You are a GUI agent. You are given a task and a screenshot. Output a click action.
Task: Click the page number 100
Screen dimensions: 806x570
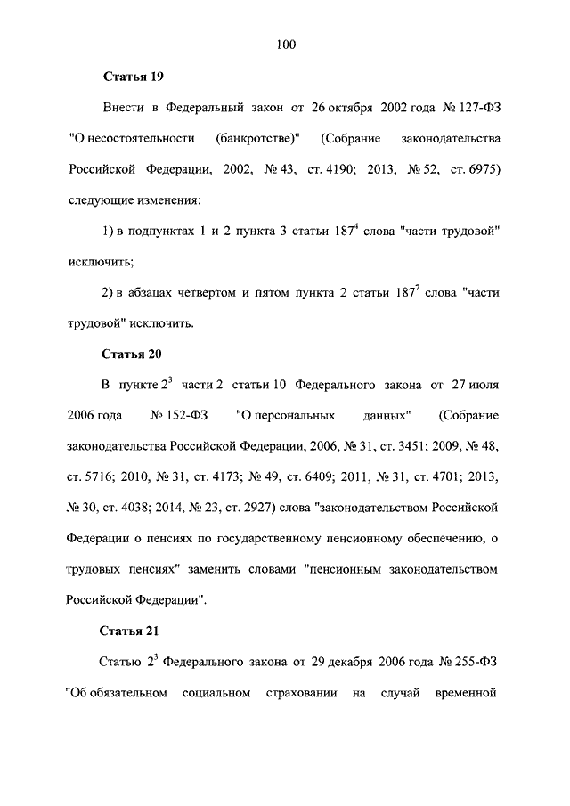pyautogui.click(x=285, y=44)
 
